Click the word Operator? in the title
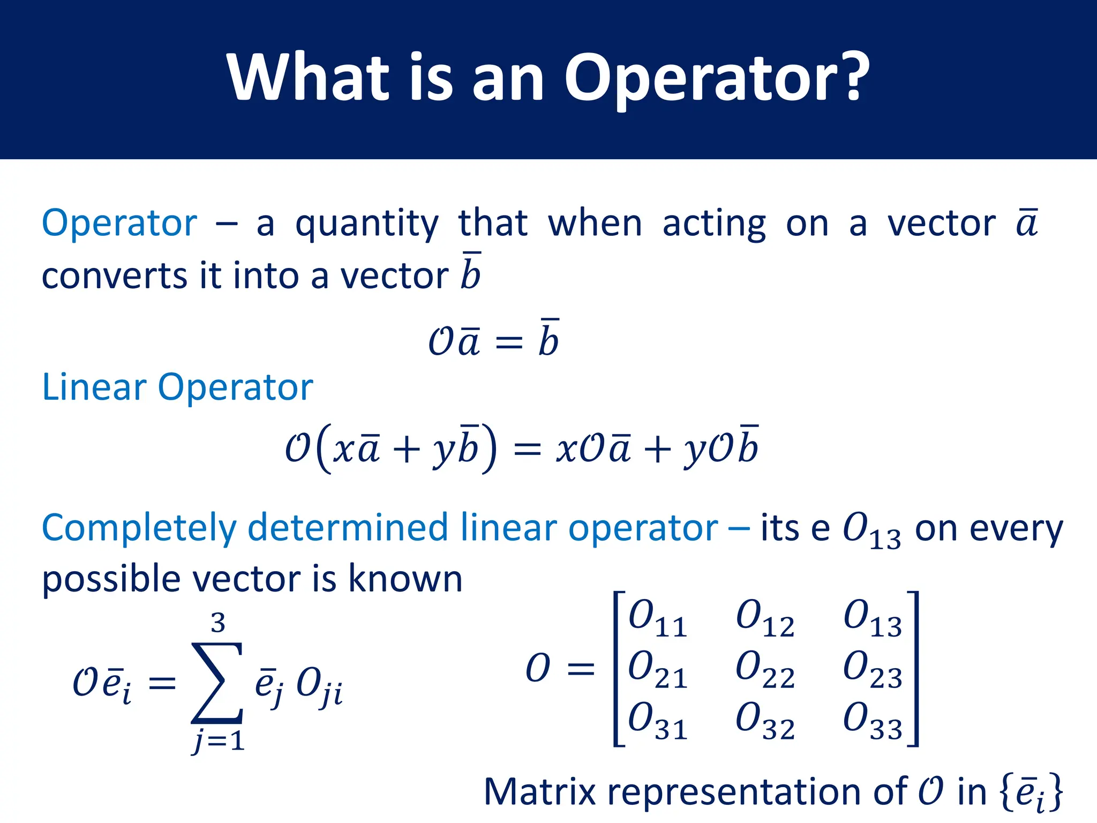click(717, 78)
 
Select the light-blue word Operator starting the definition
click(119, 223)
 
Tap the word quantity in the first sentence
click(367, 225)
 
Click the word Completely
click(138, 528)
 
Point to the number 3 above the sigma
click(218, 623)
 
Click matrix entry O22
click(765, 669)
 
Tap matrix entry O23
click(873, 669)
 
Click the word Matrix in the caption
click(539, 791)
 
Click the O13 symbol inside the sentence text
click(871, 530)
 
